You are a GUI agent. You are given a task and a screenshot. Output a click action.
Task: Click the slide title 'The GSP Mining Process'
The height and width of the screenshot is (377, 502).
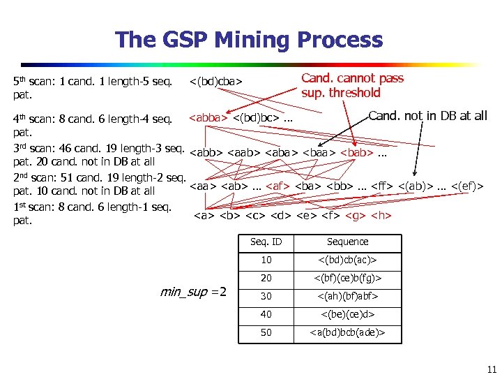[249, 39]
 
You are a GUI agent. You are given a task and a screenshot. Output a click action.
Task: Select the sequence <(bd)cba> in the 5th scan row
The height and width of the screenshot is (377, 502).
[217, 82]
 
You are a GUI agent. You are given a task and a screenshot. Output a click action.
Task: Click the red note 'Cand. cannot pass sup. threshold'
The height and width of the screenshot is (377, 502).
[352, 85]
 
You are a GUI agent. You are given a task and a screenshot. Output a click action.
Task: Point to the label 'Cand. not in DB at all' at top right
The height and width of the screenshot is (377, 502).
[427, 116]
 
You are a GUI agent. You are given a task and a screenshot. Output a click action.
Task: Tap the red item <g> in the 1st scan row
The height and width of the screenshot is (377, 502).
[356, 215]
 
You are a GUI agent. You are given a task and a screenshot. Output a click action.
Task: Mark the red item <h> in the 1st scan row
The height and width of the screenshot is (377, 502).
[381, 215]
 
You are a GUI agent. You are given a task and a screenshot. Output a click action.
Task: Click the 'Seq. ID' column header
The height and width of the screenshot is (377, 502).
[266, 242]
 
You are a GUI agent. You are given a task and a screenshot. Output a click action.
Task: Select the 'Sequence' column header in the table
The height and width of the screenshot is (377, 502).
[347, 242]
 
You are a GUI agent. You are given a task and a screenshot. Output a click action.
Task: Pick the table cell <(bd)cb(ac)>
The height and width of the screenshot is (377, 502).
[347, 260]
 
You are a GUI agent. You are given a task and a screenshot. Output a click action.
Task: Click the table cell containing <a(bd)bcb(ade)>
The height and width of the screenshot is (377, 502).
[347, 332]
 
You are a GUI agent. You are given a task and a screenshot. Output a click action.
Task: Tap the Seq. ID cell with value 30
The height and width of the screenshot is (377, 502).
[266, 296]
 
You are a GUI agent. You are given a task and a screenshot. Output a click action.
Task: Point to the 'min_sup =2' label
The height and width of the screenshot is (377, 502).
[194, 292]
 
